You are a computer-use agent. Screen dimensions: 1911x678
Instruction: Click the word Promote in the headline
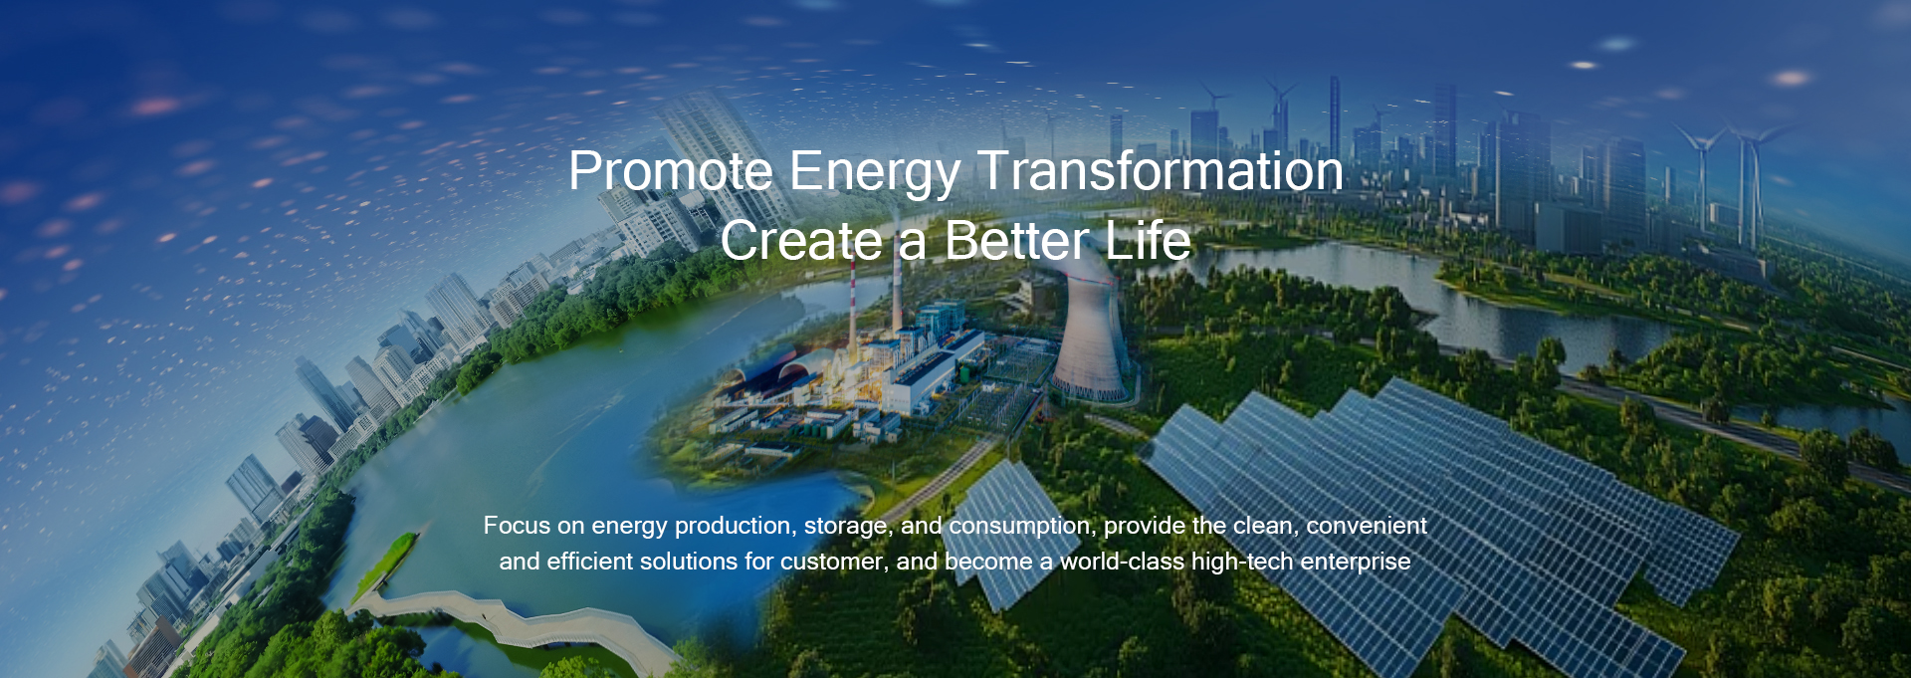671,170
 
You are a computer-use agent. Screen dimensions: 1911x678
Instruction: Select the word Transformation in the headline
1161,170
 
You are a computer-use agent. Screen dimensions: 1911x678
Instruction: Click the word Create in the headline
801,241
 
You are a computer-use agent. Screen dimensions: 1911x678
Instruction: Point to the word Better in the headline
1016,241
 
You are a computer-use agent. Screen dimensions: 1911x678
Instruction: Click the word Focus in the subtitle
517,526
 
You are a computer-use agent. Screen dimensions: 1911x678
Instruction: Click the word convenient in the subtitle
1367,526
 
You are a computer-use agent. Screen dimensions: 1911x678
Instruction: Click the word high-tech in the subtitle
1242,563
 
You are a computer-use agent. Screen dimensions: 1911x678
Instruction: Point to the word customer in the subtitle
834,563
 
